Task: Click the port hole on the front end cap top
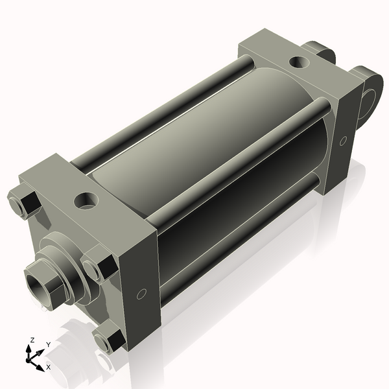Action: coord(86,200)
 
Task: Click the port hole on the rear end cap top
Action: coord(299,63)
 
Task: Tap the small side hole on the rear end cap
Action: coord(343,139)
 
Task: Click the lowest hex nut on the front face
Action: coord(109,339)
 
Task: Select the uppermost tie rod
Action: coord(162,110)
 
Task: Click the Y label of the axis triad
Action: coord(47,344)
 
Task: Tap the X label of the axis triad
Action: coord(49,366)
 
